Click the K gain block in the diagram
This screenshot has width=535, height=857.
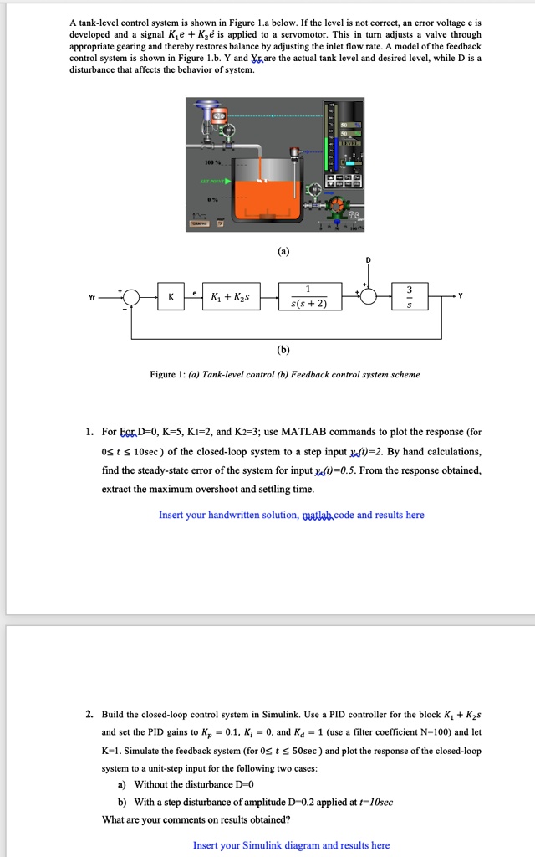(171, 297)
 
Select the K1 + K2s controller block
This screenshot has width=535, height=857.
(232, 297)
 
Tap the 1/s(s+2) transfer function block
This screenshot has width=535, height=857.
(310, 297)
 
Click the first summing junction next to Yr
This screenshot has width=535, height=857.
(132, 297)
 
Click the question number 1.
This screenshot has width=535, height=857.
(89, 432)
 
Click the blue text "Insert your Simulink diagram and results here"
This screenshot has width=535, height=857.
(291, 845)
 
